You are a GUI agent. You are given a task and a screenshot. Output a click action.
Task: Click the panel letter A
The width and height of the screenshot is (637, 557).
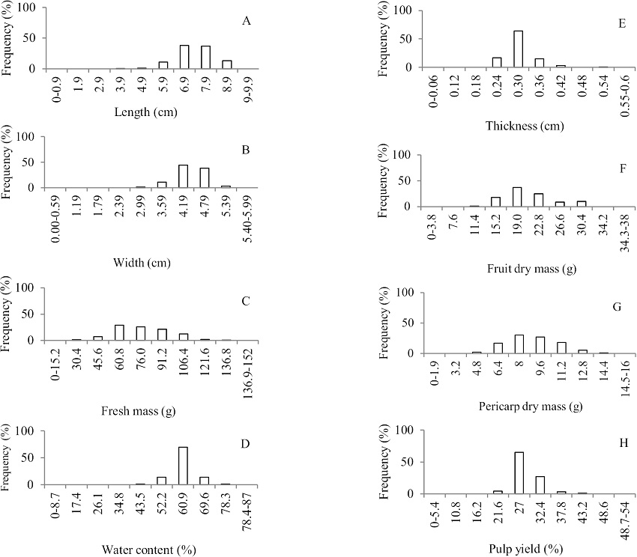tap(247, 20)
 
